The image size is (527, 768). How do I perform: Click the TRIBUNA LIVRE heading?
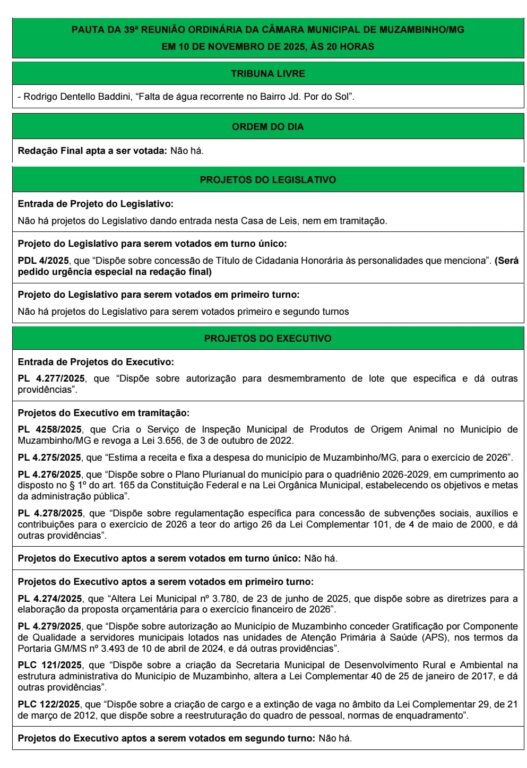point(267,74)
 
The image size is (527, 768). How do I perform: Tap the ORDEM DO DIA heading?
point(267,127)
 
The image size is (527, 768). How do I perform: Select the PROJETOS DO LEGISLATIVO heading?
point(267,180)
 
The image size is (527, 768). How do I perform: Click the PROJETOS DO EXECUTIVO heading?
point(267,339)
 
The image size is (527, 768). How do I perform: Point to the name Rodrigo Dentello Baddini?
point(77,97)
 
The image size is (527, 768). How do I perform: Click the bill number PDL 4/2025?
point(44,261)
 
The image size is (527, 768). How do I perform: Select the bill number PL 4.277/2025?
point(51,378)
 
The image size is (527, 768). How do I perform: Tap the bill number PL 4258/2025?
point(50,429)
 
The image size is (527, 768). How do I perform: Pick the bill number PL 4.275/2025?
point(50,458)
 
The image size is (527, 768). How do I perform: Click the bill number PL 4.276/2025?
point(50,474)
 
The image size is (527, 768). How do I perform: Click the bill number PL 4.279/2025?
point(50,626)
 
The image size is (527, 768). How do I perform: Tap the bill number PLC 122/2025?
point(49,704)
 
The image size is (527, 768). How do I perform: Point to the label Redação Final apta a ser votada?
point(92,151)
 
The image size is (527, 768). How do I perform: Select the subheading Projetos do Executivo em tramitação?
point(103,413)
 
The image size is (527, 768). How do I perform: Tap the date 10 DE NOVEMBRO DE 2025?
point(242,47)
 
